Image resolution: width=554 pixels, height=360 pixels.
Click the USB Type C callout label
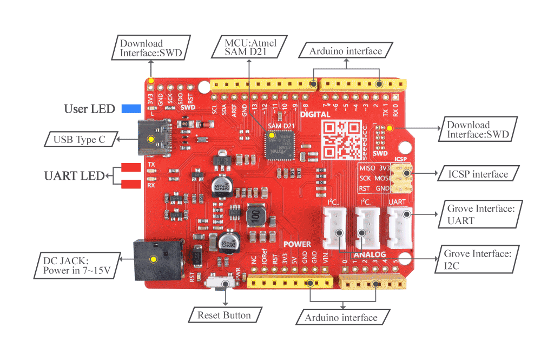coord(80,140)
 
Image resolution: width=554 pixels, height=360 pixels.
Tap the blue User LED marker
coord(131,108)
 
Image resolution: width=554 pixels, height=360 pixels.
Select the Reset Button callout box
coord(224,315)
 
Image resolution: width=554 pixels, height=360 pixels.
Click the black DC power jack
coord(154,259)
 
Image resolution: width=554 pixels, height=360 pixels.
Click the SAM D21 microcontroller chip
coord(280,145)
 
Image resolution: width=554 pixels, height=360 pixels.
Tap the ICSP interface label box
coord(478,174)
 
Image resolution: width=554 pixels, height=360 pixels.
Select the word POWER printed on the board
coord(297,245)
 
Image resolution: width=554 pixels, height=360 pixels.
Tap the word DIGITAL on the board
coord(315,115)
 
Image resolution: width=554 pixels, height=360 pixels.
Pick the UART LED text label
coord(73,176)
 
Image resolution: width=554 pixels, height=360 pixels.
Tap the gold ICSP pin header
coord(401,178)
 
